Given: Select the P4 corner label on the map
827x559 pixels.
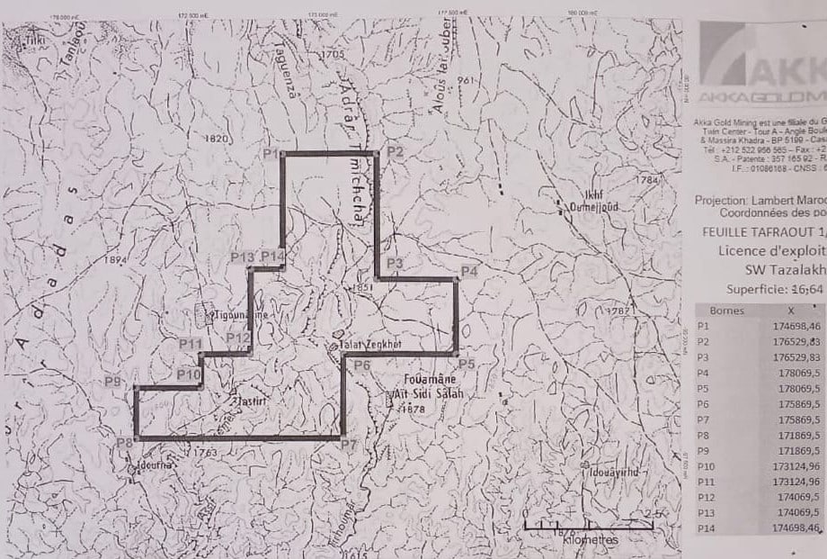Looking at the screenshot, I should (468, 271).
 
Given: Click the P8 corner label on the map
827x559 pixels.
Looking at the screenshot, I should (124, 443).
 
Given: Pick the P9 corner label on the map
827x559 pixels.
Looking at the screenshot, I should (112, 382).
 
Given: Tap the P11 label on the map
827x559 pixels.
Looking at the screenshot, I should (189, 343).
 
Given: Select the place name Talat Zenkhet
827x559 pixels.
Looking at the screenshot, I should (364, 344).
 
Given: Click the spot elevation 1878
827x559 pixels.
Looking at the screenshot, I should (414, 410).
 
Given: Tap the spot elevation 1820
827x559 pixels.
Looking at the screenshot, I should (218, 140).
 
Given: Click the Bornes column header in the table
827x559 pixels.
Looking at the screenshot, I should (726, 310).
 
